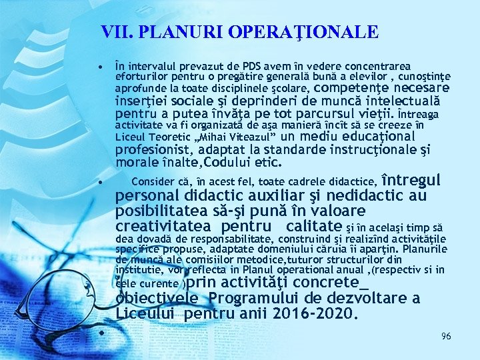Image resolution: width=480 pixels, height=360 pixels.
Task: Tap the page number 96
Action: coord(446,337)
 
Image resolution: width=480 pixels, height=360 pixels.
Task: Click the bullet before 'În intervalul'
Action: coord(99,67)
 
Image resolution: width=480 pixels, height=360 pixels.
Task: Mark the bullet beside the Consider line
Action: coord(99,181)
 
